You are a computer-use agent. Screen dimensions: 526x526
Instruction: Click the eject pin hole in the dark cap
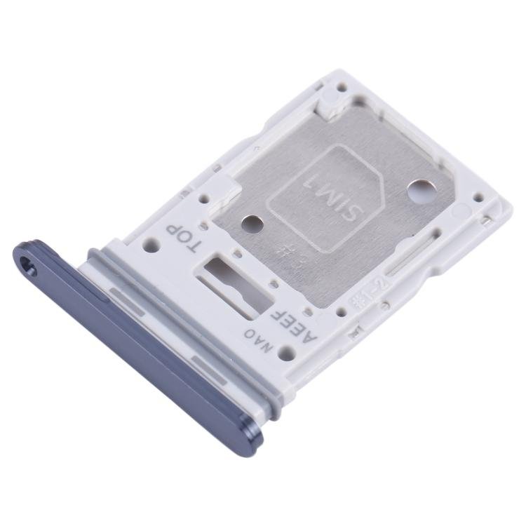click(29, 265)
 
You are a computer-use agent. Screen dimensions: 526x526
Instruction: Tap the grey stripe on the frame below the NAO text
click(210, 364)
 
